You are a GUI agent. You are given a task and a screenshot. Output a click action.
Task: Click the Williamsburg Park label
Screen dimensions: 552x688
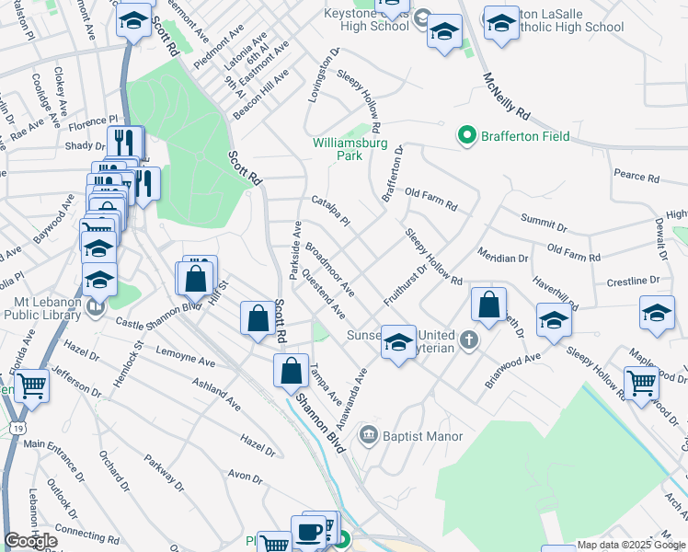tap(350, 149)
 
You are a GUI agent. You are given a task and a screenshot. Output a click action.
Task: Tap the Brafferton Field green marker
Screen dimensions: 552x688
tap(467, 137)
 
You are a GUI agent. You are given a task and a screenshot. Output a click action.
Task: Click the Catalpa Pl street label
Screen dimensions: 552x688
tap(331, 212)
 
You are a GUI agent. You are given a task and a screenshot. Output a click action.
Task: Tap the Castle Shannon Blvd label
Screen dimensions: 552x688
tap(159, 314)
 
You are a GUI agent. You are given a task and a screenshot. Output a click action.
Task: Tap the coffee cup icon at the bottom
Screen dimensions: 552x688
tap(308, 532)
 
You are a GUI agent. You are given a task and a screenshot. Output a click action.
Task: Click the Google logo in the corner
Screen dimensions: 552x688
tap(30, 541)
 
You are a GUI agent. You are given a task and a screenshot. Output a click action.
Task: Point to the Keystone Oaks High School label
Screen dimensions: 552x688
tap(367, 19)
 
